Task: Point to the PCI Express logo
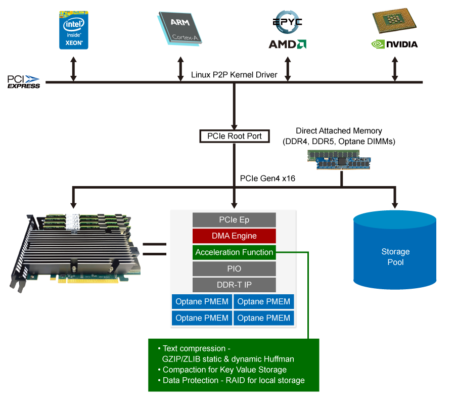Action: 24,82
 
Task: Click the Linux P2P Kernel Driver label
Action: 234,75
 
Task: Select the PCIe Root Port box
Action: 234,137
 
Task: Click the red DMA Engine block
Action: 234,236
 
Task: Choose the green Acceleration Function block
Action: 234,252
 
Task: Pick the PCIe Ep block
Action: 234,220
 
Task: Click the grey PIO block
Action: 234,268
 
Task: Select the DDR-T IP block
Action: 234,285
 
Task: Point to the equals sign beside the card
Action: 154,249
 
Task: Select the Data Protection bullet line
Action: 234,380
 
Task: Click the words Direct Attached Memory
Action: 339,131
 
